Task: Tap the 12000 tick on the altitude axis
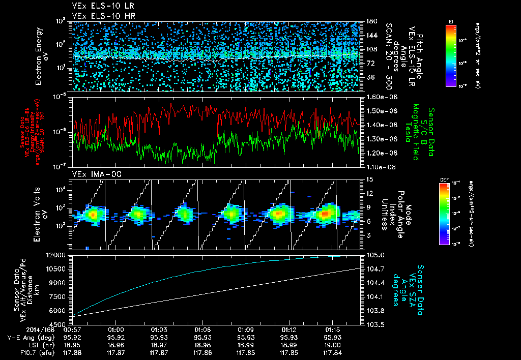click(59, 255)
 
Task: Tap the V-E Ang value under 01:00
click(117, 337)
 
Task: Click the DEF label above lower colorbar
click(444, 179)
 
